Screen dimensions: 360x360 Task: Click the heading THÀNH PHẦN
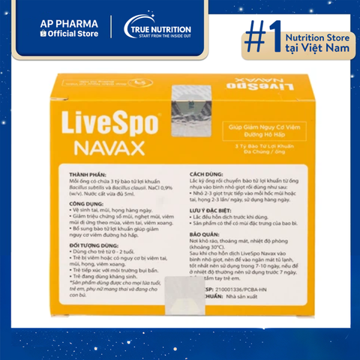84,174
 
